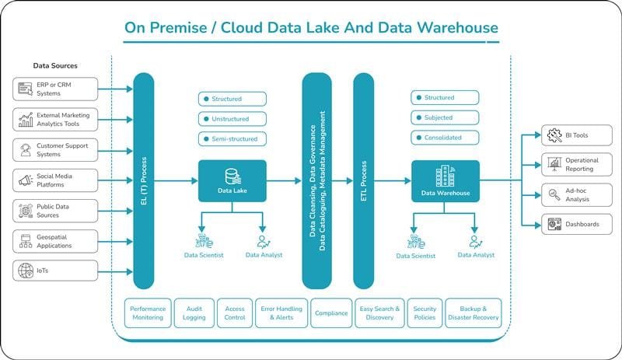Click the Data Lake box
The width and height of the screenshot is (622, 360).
point(232,181)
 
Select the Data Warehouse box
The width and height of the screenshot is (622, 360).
point(446,181)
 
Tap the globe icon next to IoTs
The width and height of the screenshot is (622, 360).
point(26,271)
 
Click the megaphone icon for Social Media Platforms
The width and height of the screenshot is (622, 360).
point(26,180)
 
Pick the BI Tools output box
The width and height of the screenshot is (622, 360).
point(577,135)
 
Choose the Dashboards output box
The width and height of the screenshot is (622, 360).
point(577,224)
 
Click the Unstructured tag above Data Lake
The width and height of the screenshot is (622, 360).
point(232,119)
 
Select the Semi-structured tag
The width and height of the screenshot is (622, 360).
point(232,139)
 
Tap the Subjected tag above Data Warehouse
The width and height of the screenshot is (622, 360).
point(445,117)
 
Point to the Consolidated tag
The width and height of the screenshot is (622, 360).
point(445,138)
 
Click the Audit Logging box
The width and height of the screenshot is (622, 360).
point(194,313)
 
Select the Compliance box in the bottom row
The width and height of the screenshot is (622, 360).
point(331,313)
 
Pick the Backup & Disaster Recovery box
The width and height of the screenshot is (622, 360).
point(473,313)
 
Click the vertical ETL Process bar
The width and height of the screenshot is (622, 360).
point(363,181)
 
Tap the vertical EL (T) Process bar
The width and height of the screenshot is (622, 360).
point(144,181)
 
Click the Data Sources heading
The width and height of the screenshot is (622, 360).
point(55,66)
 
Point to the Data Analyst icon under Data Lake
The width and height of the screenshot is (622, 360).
point(264,242)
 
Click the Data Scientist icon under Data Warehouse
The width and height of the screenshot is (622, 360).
point(416,242)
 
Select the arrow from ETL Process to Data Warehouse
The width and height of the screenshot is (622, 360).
point(393,181)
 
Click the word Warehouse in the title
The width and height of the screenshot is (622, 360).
point(457,28)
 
